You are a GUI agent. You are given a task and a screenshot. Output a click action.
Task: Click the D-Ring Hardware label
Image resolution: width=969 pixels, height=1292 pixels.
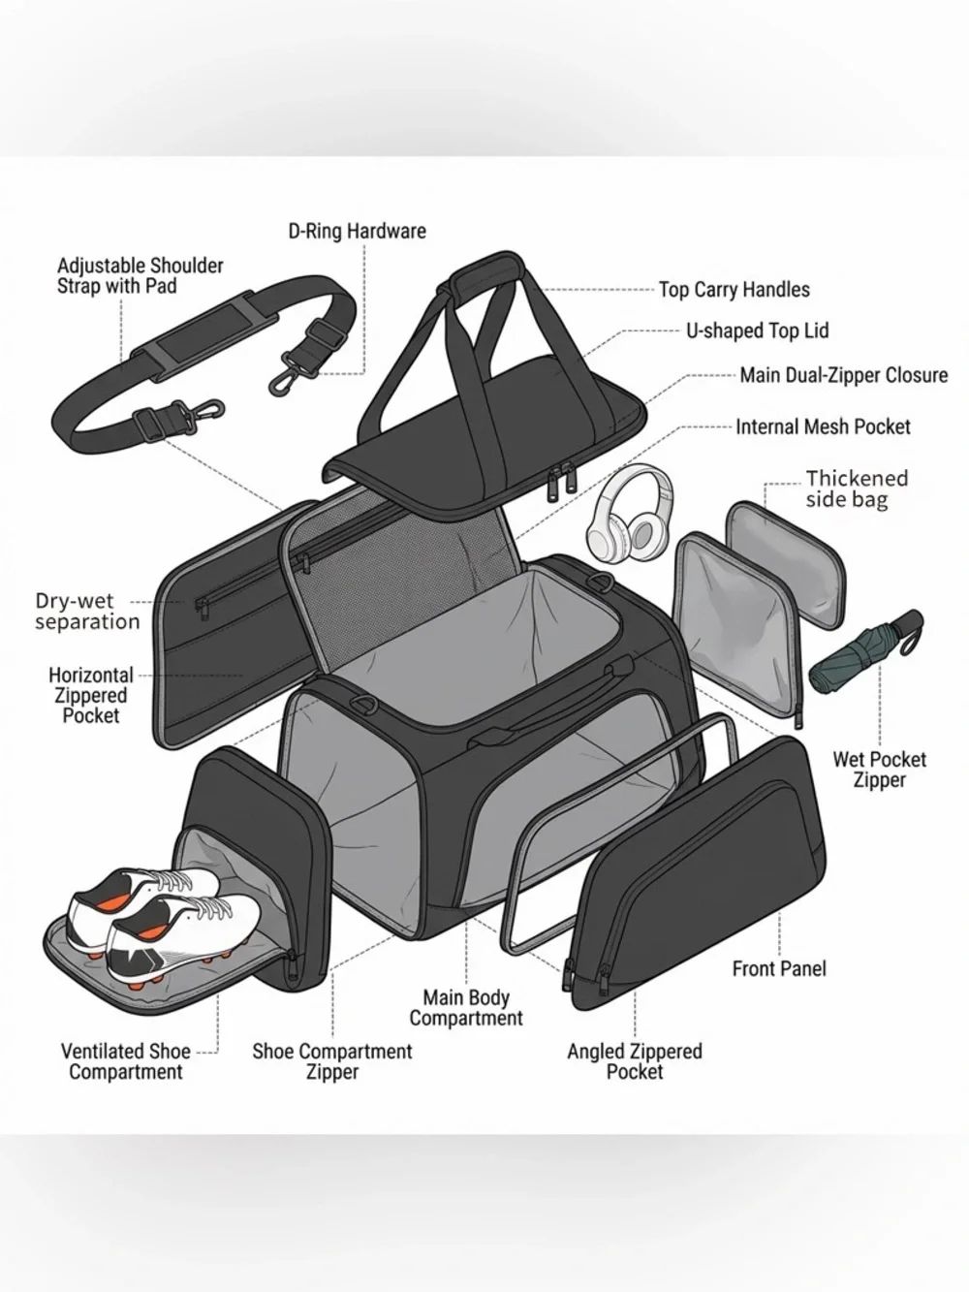tap(358, 231)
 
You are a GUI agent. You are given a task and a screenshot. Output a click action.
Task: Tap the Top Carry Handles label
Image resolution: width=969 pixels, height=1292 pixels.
tap(734, 290)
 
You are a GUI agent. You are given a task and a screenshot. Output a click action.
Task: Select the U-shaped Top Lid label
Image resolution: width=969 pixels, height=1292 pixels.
tap(757, 331)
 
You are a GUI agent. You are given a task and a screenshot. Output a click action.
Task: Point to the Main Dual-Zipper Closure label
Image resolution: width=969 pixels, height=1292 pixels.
tap(844, 375)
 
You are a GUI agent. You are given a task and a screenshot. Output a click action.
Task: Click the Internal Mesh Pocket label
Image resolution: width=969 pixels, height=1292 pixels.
tap(823, 426)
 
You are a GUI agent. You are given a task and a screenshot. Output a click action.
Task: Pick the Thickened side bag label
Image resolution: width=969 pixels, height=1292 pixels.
tap(857, 488)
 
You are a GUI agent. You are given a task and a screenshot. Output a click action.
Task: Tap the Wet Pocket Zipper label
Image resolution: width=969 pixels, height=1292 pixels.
tap(879, 770)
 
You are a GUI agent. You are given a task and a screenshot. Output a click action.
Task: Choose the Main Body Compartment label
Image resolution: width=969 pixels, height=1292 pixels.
tap(466, 1008)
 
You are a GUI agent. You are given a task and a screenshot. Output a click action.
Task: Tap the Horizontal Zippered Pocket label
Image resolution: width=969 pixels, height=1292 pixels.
tap(91, 695)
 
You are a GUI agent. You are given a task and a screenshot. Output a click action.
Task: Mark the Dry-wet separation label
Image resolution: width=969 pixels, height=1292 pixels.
tap(87, 611)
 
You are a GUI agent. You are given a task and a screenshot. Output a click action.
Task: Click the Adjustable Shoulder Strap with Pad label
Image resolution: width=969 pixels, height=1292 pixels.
tap(141, 275)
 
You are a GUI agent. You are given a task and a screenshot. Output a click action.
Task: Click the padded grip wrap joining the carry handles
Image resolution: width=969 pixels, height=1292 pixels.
tap(487, 275)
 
